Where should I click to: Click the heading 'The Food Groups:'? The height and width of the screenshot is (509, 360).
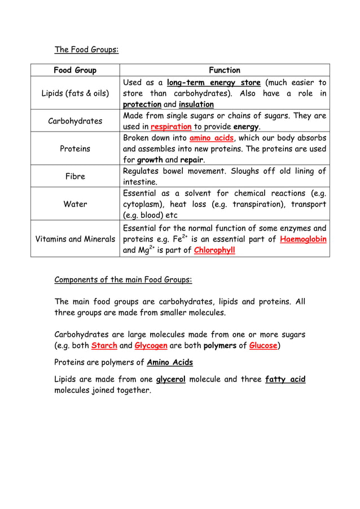click(86, 50)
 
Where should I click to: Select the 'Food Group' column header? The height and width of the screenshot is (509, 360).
click(75, 71)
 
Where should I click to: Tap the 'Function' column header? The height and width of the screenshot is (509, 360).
click(224, 71)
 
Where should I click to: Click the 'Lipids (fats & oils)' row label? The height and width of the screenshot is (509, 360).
click(75, 94)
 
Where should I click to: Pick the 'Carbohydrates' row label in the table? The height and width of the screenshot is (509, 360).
click(75, 121)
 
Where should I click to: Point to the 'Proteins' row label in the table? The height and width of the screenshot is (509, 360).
click(75, 149)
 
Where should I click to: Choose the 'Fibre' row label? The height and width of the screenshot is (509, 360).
click(75, 176)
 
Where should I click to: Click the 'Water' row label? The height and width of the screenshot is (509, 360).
click(75, 204)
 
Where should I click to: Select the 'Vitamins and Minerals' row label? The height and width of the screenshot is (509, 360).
click(75, 239)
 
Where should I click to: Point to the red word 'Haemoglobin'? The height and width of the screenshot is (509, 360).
click(303, 239)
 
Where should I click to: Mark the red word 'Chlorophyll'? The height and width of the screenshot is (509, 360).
click(214, 251)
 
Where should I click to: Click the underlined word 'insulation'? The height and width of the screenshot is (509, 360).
click(196, 105)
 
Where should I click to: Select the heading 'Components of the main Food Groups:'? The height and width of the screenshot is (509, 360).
click(123, 279)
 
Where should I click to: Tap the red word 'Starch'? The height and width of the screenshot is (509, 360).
click(104, 346)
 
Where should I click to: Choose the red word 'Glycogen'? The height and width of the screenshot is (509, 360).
click(151, 346)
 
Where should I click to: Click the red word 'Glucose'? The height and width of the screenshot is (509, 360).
click(264, 346)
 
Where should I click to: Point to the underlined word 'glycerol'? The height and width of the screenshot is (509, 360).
click(170, 379)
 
